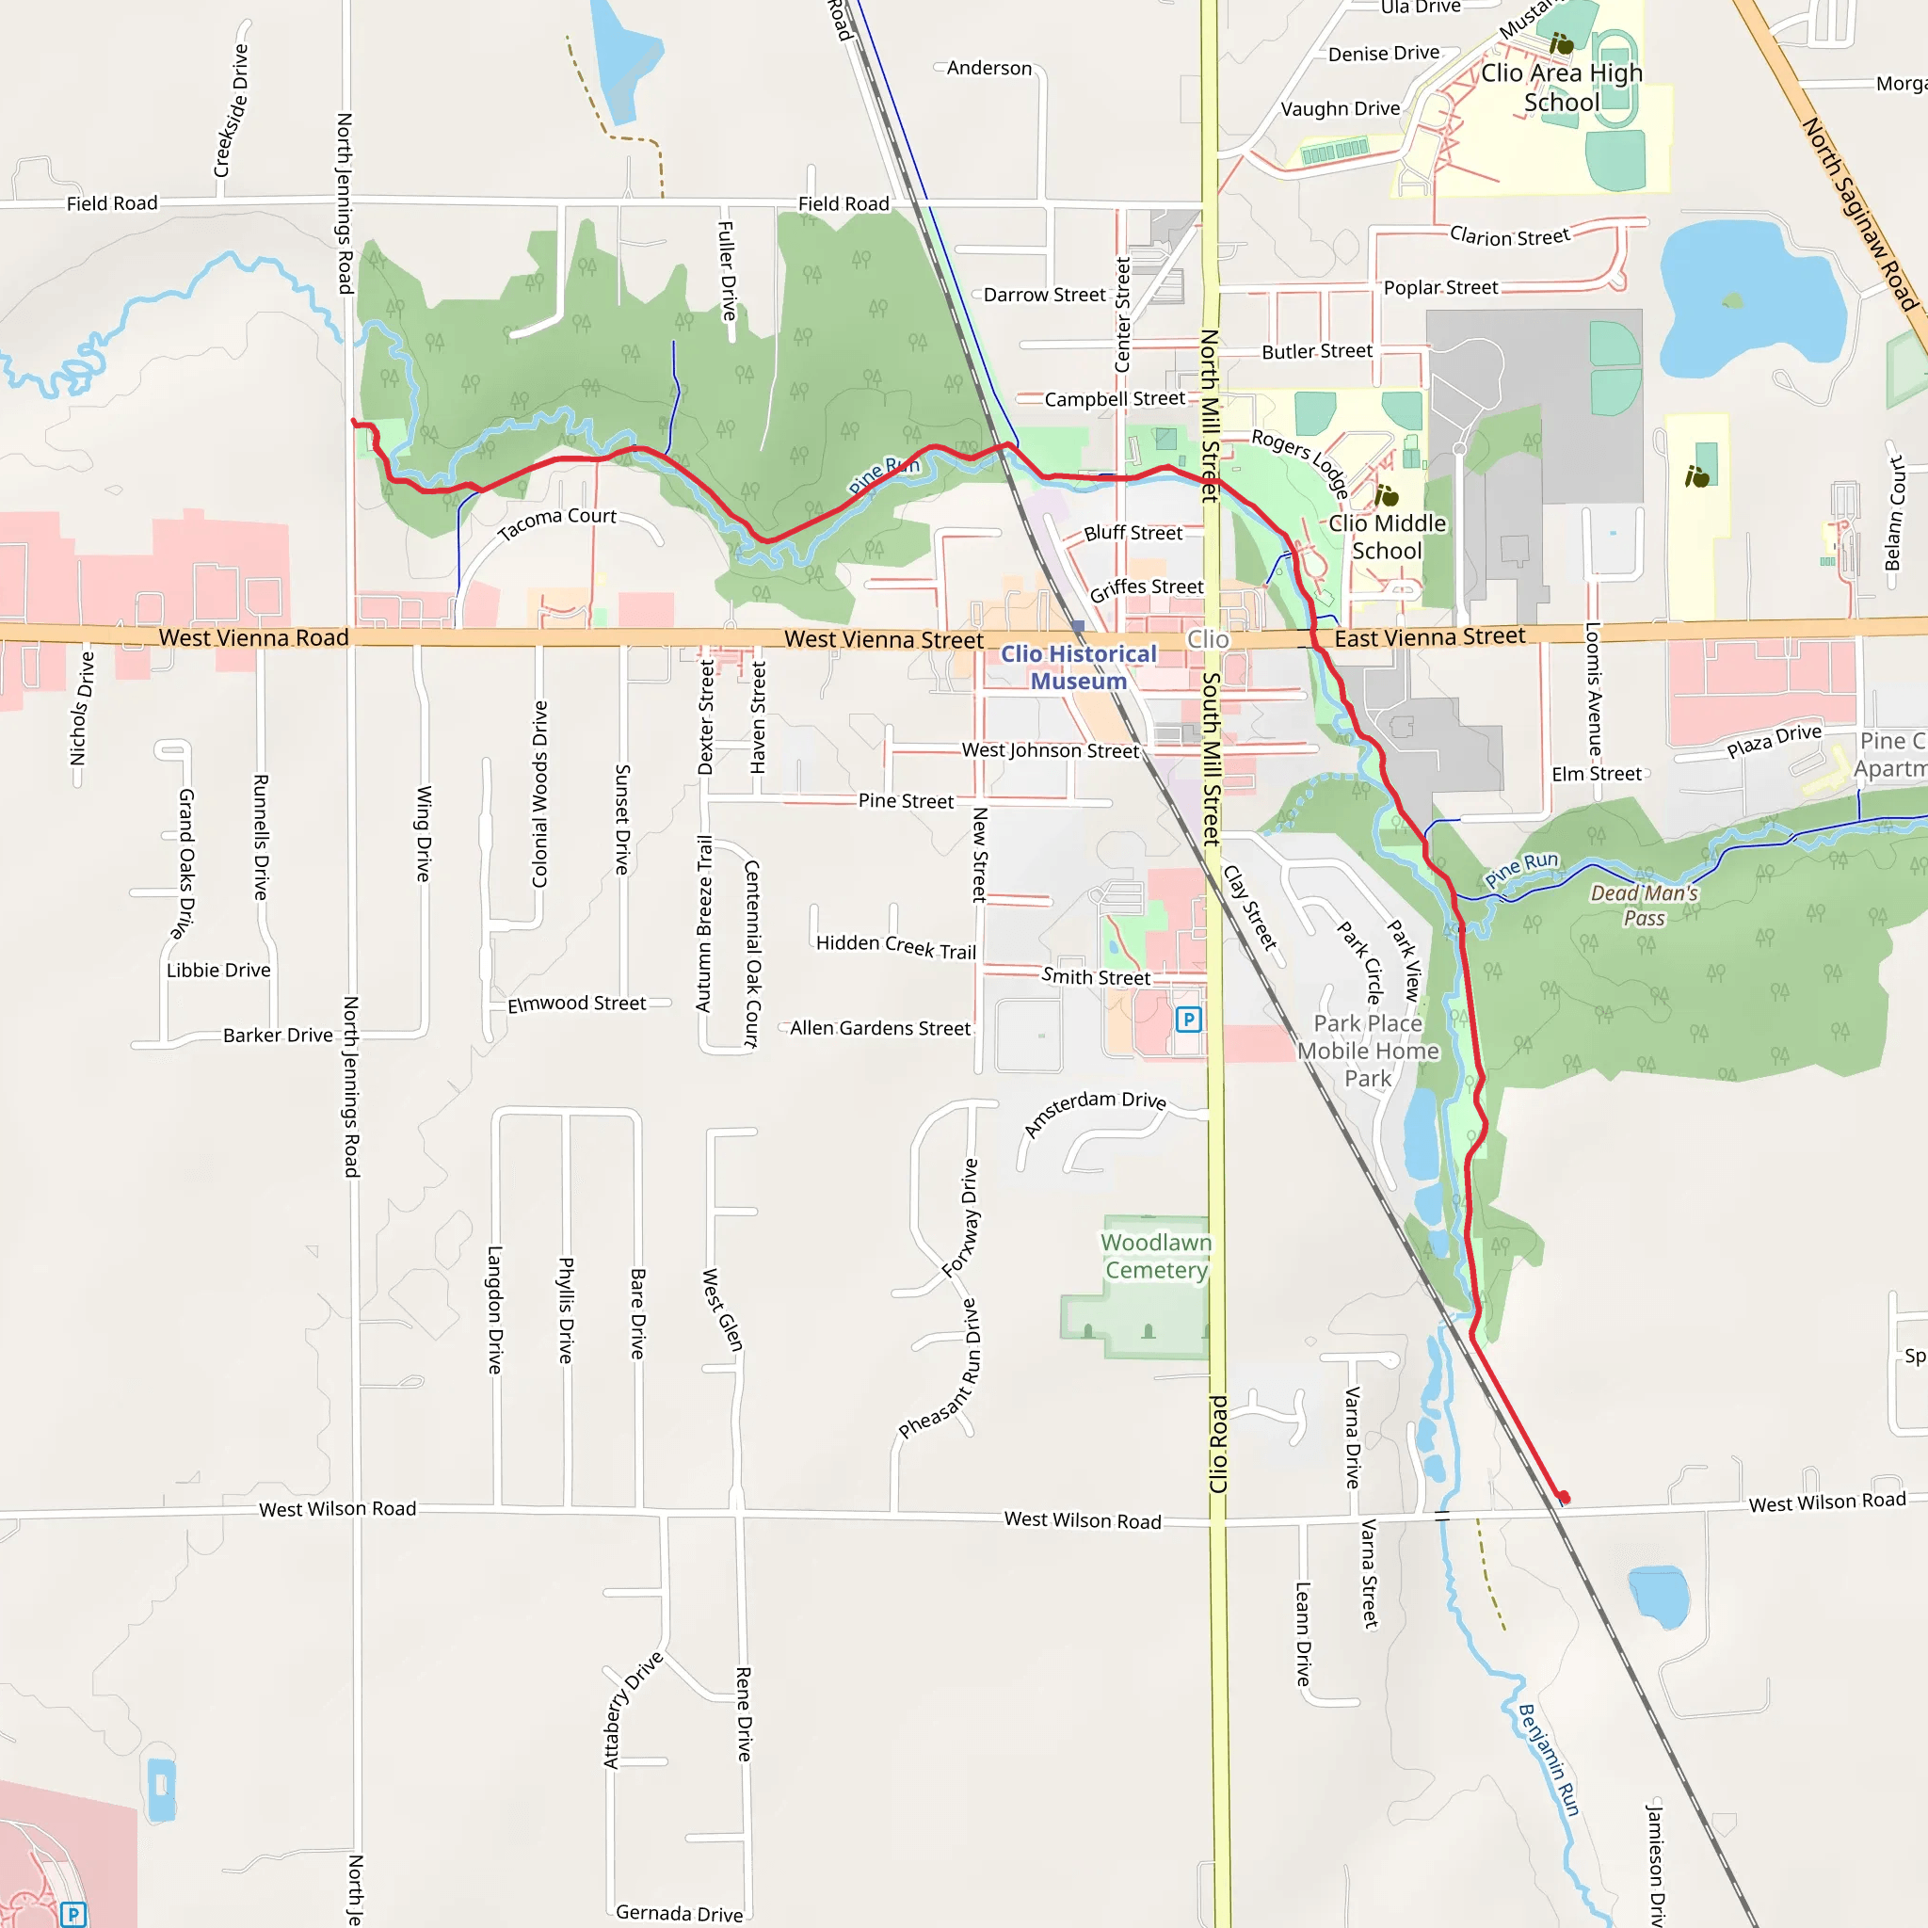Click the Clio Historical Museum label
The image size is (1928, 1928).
coord(1078,667)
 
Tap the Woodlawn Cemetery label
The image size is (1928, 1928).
coord(1156,1257)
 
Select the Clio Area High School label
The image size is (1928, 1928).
coord(1561,88)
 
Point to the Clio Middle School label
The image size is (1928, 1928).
coord(1386,537)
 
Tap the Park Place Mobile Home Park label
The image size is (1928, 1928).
coord(1367,1051)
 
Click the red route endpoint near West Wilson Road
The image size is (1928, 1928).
coord(1564,1498)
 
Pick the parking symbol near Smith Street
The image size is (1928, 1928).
coord(1187,1020)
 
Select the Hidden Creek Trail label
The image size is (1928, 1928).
coord(895,946)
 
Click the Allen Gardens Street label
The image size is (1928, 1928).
coord(879,1028)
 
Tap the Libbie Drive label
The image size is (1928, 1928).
coord(218,970)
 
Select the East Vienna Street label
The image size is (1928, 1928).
coord(1429,636)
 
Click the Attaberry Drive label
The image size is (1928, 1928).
coord(632,1710)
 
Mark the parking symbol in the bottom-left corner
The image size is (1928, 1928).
coord(73,1915)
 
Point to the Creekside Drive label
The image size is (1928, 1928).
coord(231,111)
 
